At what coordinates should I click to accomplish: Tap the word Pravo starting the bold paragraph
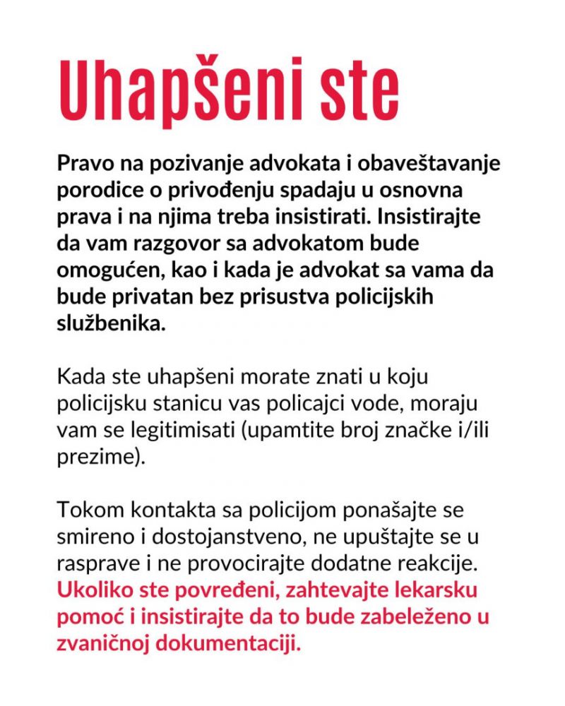pos(83,164)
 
